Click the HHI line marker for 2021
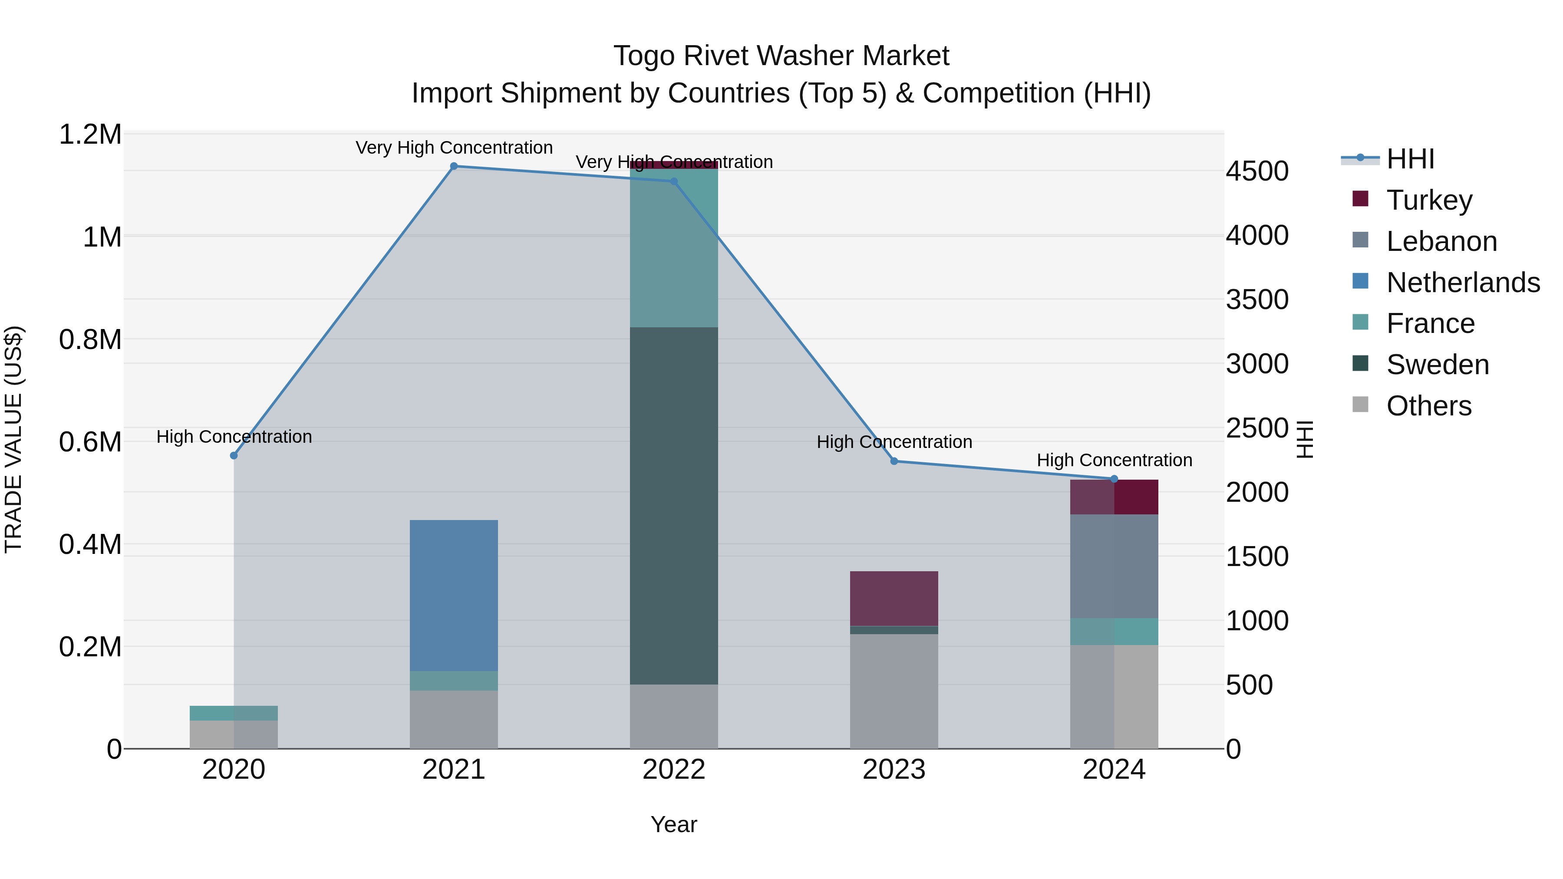click(x=454, y=166)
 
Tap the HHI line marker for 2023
click(x=894, y=461)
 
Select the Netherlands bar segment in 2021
click(x=454, y=595)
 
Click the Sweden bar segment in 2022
click(x=673, y=506)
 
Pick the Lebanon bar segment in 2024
click(x=1114, y=566)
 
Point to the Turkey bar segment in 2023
click(x=894, y=598)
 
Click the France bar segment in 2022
click(x=673, y=248)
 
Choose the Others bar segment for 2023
click(x=894, y=691)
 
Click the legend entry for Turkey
click(x=1429, y=200)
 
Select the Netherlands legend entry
click(x=1462, y=282)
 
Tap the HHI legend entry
click(x=1409, y=159)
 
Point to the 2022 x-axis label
click(x=673, y=770)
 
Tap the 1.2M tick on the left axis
click(x=90, y=134)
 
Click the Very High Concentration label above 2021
click(x=454, y=148)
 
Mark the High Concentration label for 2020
click(x=234, y=437)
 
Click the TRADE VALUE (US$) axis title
click(x=13, y=439)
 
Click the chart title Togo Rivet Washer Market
click(x=781, y=56)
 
